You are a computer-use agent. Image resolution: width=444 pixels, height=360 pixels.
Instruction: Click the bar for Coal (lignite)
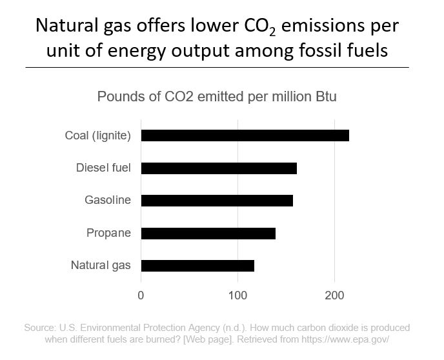tap(245, 135)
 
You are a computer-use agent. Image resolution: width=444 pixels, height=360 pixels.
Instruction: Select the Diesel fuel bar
tap(219, 168)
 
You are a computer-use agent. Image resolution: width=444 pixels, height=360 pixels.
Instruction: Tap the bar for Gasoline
tap(217, 201)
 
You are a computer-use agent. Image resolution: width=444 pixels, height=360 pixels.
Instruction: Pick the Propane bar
tap(208, 233)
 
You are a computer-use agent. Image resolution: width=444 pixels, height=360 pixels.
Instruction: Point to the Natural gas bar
tap(197, 265)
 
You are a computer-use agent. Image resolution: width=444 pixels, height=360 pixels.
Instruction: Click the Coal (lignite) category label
tap(98, 135)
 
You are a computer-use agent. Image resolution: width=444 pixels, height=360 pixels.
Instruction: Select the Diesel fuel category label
tap(103, 168)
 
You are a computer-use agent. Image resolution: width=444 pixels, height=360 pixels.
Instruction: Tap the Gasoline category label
tap(108, 201)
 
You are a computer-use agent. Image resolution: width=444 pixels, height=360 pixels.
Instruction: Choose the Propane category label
tap(108, 233)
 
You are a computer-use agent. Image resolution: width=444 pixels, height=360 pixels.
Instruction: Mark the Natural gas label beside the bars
tap(101, 265)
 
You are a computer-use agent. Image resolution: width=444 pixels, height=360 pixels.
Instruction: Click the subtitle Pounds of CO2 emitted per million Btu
tap(217, 97)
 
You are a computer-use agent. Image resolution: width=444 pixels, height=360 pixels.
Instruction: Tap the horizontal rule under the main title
tap(217, 66)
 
